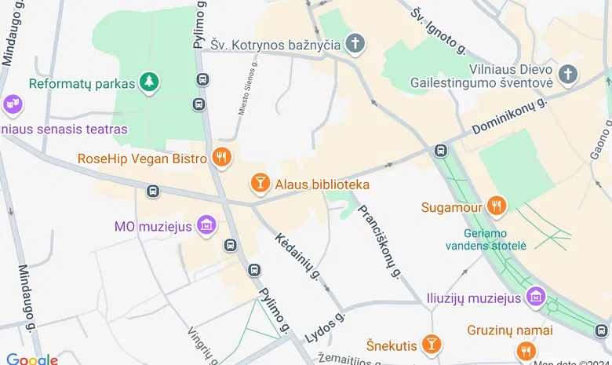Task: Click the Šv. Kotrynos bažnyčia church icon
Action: coord(356,44)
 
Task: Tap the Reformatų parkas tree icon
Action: coord(148,82)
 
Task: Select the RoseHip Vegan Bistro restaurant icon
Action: coord(222,158)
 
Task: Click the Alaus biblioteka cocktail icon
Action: coord(260,184)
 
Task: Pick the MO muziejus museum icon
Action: coord(206,226)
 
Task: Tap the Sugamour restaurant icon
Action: coord(495,206)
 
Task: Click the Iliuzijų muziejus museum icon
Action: coord(537,297)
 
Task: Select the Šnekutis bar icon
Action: coord(431,344)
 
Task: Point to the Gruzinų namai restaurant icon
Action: coord(526,350)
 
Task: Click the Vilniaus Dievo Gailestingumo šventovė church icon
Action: coord(568,75)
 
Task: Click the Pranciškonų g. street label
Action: coord(380,241)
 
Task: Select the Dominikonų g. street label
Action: coord(509,115)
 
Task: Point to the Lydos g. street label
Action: coord(325,327)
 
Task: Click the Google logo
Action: coord(32,359)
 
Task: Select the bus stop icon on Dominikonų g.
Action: coord(441,150)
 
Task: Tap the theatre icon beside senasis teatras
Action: coord(12,103)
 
